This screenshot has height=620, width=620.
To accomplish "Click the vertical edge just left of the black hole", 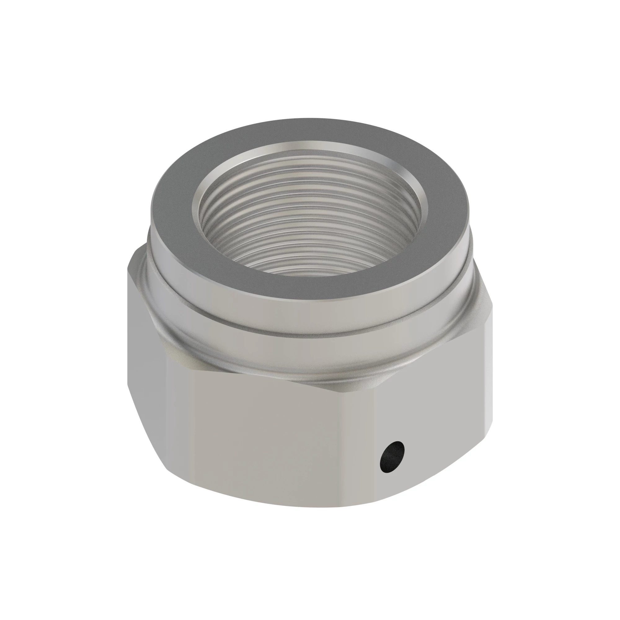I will tap(378, 449).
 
